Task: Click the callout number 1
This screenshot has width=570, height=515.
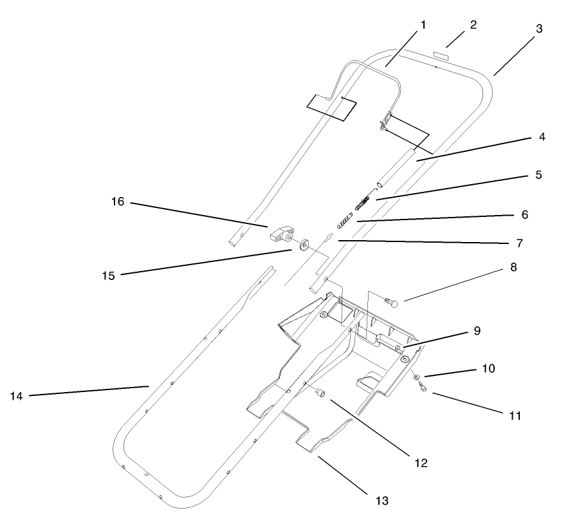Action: tap(423, 25)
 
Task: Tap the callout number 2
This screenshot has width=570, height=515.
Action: tap(473, 25)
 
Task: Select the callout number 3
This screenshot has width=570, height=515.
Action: tap(539, 28)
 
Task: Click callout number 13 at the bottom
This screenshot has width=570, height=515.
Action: tap(383, 499)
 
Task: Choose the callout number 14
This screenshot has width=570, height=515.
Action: tap(16, 396)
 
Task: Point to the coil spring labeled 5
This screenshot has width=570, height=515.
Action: tap(362, 203)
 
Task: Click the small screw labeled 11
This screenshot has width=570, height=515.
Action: tap(423, 387)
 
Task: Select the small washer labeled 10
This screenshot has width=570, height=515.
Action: tap(416, 376)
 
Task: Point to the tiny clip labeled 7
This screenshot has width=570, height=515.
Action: tap(328, 237)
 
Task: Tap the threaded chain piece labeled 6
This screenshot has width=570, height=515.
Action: tap(345, 223)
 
